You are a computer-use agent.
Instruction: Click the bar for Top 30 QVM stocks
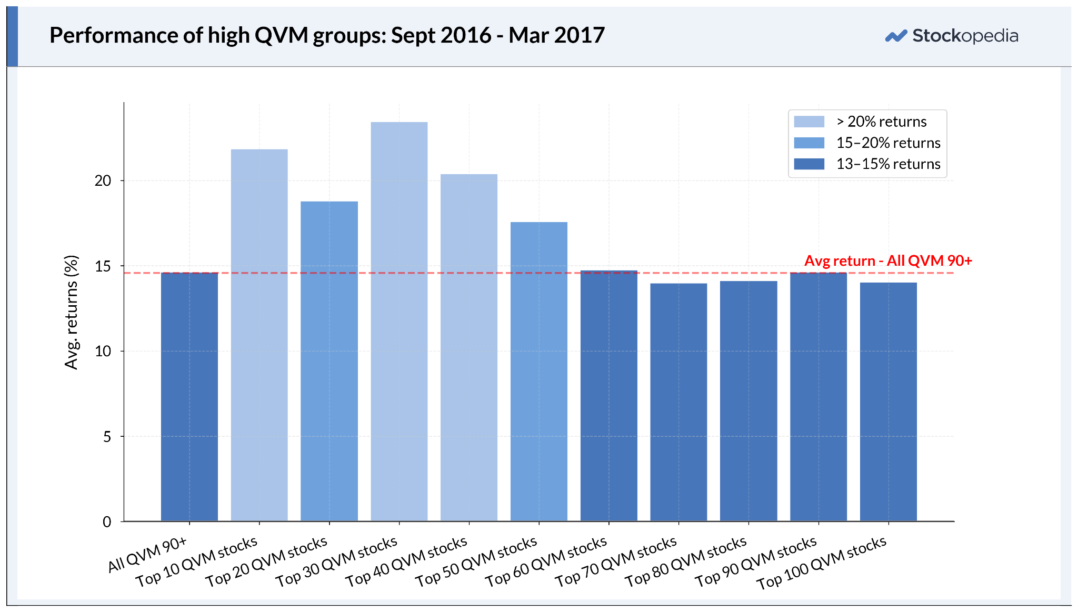[399, 322]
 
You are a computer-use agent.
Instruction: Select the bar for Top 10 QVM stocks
[259, 335]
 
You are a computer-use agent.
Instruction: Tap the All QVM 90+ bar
[189, 397]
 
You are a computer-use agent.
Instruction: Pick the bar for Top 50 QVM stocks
[539, 372]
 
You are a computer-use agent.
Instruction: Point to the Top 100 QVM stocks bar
[889, 402]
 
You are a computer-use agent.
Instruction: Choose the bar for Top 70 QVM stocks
[678, 403]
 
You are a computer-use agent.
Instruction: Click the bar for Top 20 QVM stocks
[329, 362]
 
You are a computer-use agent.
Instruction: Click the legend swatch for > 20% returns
[809, 122]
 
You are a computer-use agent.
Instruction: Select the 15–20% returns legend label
[889, 143]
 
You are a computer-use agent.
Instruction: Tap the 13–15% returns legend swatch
[809, 164]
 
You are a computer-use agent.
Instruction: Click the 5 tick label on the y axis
[107, 436]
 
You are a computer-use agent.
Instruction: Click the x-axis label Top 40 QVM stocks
[406, 561]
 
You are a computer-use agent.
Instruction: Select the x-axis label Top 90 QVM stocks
[756, 561]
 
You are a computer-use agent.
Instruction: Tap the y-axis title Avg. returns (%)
[71, 312]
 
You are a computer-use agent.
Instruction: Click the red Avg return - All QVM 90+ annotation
[889, 260]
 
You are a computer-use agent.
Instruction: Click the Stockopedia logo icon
[896, 36]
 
